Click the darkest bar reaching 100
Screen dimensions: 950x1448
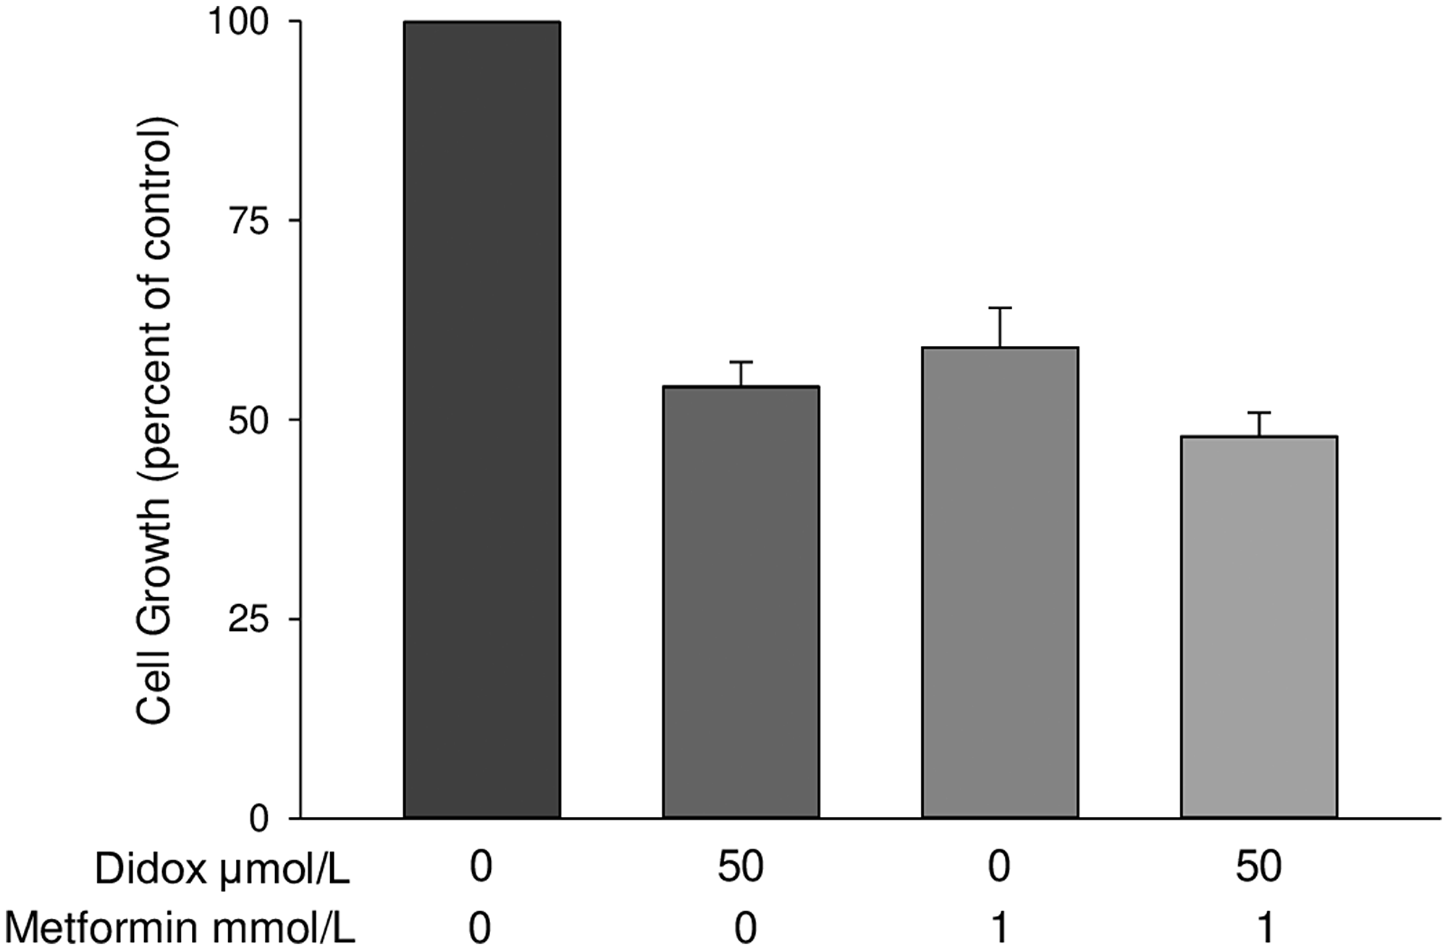(481, 420)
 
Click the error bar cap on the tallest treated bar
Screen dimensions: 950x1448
(1000, 309)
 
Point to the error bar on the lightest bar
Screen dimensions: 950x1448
(1259, 423)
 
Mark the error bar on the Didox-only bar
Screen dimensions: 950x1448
(741, 373)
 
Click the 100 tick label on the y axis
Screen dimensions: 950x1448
(238, 22)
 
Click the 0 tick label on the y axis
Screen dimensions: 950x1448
(258, 818)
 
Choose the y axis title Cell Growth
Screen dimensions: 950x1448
(155, 420)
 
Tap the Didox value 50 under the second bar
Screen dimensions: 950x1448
(741, 866)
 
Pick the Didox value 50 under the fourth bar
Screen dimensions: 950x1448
(1259, 866)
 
